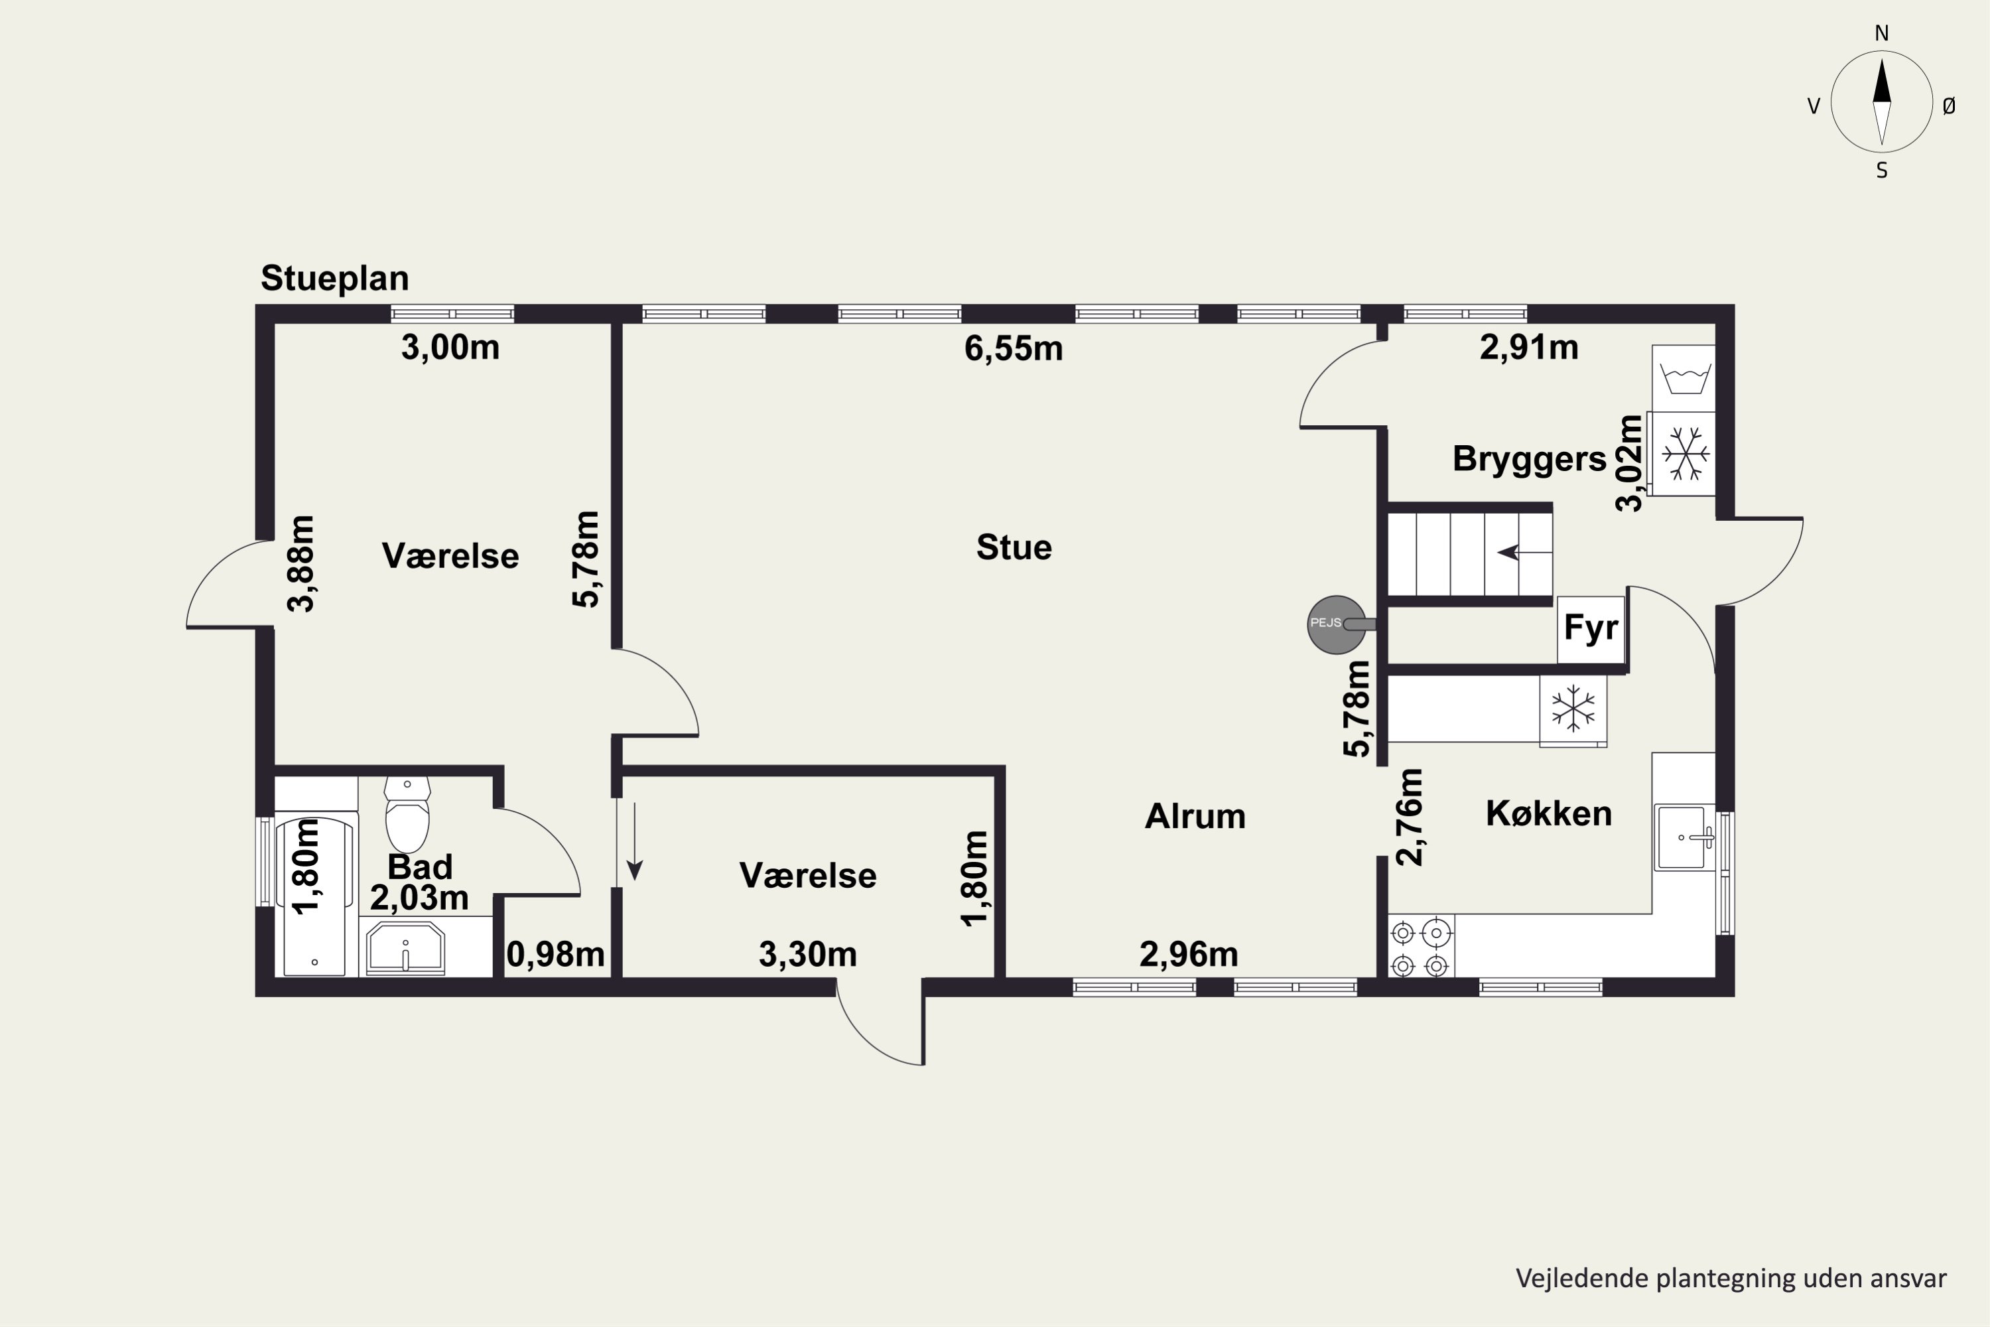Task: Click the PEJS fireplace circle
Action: click(x=1336, y=624)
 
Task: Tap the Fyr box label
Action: click(x=1591, y=628)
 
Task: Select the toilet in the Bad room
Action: click(x=407, y=814)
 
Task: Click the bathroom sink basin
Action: click(x=405, y=948)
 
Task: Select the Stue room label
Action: click(x=1014, y=547)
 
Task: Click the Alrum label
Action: click(x=1195, y=817)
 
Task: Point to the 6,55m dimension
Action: click(x=1014, y=348)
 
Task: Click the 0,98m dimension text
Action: click(x=555, y=955)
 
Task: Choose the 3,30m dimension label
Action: click(x=808, y=955)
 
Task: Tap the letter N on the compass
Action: click(x=1882, y=34)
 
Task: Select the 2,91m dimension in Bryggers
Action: click(x=1529, y=348)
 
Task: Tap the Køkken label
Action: click(x=1548, y=813)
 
